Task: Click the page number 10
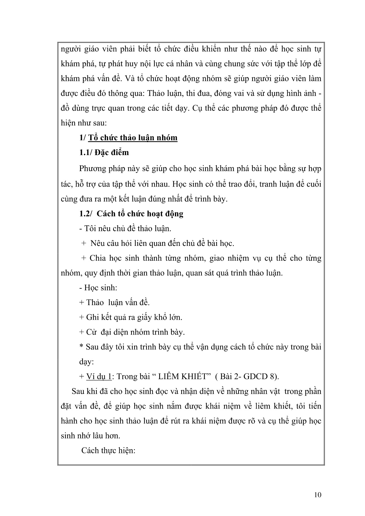[x=318, y=495]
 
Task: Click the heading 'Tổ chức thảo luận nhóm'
[x=133, y=138]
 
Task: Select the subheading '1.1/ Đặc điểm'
[x=104, y=153]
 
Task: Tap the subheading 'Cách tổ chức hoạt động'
[x=140, y=214]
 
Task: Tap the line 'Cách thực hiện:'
[x=108, y=450]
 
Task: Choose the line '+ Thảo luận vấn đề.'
[x=114, y=303]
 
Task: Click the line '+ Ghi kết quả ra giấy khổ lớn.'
[x=130, y=317]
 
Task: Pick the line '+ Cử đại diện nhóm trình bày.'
[x=132, y=332]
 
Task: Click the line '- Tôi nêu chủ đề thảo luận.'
[x=125, y=229]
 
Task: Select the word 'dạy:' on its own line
[x=86, y=362]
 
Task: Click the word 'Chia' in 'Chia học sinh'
[x=97, y=258]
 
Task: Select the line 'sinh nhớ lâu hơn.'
[x=90, y=436]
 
